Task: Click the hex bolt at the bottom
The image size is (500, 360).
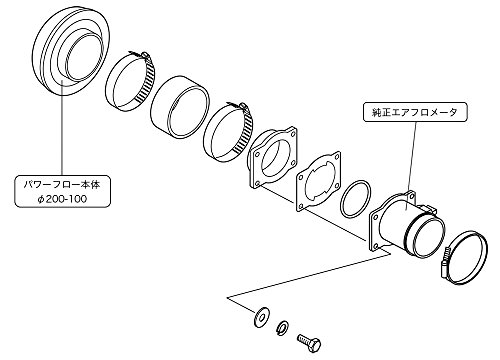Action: [309, 343]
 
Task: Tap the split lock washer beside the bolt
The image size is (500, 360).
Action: [283, 328]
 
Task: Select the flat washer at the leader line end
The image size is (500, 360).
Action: [261, 316]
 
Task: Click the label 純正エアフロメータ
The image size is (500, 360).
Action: [415, 112]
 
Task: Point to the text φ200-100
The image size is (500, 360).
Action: [62, 199]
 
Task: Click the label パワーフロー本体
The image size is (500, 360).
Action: [62, 185]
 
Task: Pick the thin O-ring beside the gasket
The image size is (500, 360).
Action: [356, 199]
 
